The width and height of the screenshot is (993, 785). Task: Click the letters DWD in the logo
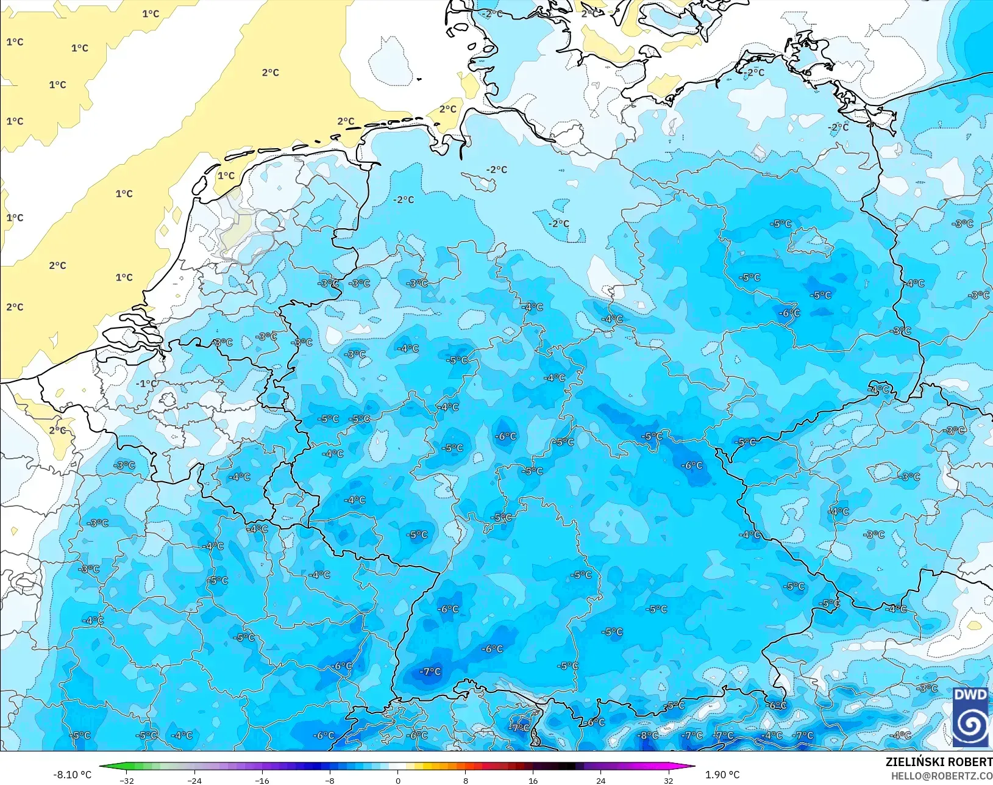click(x=970, y=695)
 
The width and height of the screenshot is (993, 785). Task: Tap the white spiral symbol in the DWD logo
click(x=970, y=725)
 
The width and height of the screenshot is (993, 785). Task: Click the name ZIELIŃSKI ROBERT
click(x=939, y=762)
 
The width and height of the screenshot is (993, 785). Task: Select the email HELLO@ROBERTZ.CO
click(x=942, y=776)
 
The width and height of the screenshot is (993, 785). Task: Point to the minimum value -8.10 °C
click(x=72, y=775)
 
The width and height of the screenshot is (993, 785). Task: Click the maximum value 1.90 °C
click(x=722, y=775)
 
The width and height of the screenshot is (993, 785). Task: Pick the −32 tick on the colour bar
click(x=127, y=780)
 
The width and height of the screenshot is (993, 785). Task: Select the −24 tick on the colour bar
click(x=194, y=780)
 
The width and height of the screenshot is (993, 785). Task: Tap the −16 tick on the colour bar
click(x=262, y=780)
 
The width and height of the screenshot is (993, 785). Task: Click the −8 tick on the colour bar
click(x=330, y=780)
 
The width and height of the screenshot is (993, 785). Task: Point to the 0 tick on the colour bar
click(x=398, y=780)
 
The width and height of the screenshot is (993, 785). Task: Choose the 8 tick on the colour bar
click(x=466, y=780)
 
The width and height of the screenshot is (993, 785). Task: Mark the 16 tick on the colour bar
click(x=533, y=780)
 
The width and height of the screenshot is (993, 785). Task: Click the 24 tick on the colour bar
click(x=601, y=780)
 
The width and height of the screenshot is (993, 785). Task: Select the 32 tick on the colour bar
click(x=669, y=780)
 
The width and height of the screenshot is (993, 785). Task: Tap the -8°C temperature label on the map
click(x=647, y=736)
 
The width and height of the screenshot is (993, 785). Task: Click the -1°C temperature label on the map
click(x=146, y=384)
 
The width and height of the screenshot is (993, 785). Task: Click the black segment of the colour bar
click(x=567, y=767)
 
